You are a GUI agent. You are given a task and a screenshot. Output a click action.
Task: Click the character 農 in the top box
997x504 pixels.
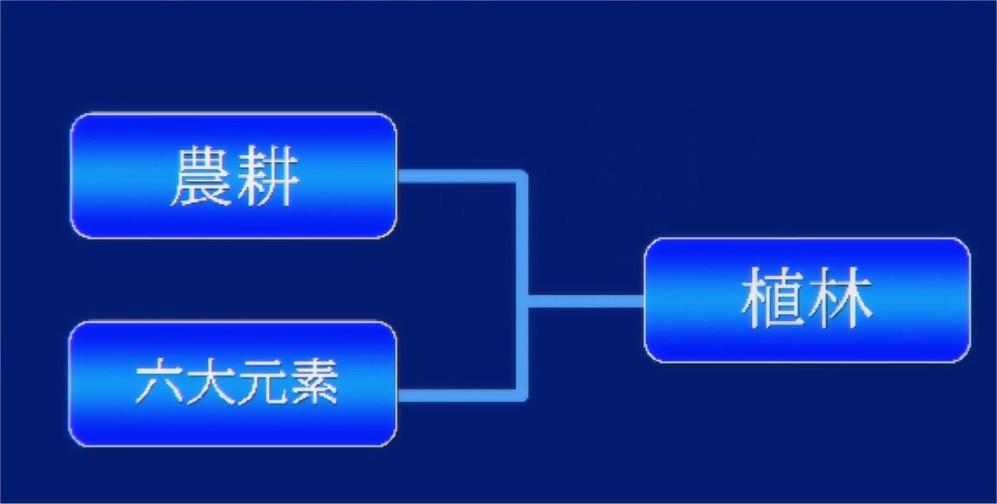click(x=201, y=176)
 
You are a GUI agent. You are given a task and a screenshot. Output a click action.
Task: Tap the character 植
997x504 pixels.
click(x=772, y=298)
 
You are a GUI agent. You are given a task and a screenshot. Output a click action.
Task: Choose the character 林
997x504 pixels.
click(x=839, y=298)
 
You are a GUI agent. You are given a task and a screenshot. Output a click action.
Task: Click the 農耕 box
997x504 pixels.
click(x=233, y=176)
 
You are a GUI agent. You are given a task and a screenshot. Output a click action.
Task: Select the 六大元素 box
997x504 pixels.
click(x=233, y=384)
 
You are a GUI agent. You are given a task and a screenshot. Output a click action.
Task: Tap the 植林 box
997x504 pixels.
click(x=808, y=300)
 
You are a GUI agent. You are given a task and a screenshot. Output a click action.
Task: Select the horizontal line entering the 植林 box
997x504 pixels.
click(x=586, y=301)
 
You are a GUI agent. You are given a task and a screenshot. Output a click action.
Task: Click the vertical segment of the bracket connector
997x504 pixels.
click(x=522, y=286)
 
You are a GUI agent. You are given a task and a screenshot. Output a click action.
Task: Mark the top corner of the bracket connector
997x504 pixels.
click(x=522, y=176)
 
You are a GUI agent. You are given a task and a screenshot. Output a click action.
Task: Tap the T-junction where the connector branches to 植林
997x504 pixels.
click(x=522, y=301)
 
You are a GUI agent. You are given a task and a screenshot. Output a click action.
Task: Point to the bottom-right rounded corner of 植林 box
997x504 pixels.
click(x=966, y=357)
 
